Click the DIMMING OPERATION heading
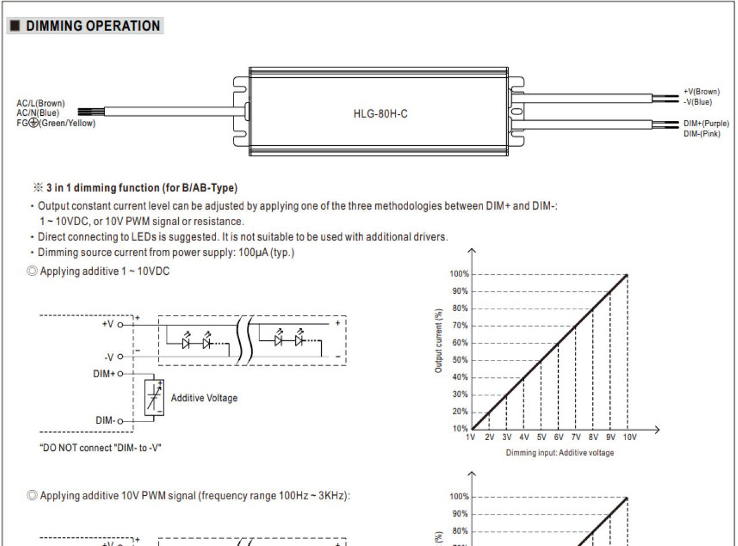[93, 26]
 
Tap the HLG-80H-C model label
[381, 114]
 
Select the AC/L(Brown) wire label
[40, 103]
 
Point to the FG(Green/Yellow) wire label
[56, 123]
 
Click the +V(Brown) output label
[702, 92]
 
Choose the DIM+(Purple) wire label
[706, 123]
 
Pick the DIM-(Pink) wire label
[702, 134]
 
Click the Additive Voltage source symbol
[154, 397]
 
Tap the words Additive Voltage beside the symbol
[204, 398]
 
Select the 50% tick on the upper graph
[460, 360]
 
